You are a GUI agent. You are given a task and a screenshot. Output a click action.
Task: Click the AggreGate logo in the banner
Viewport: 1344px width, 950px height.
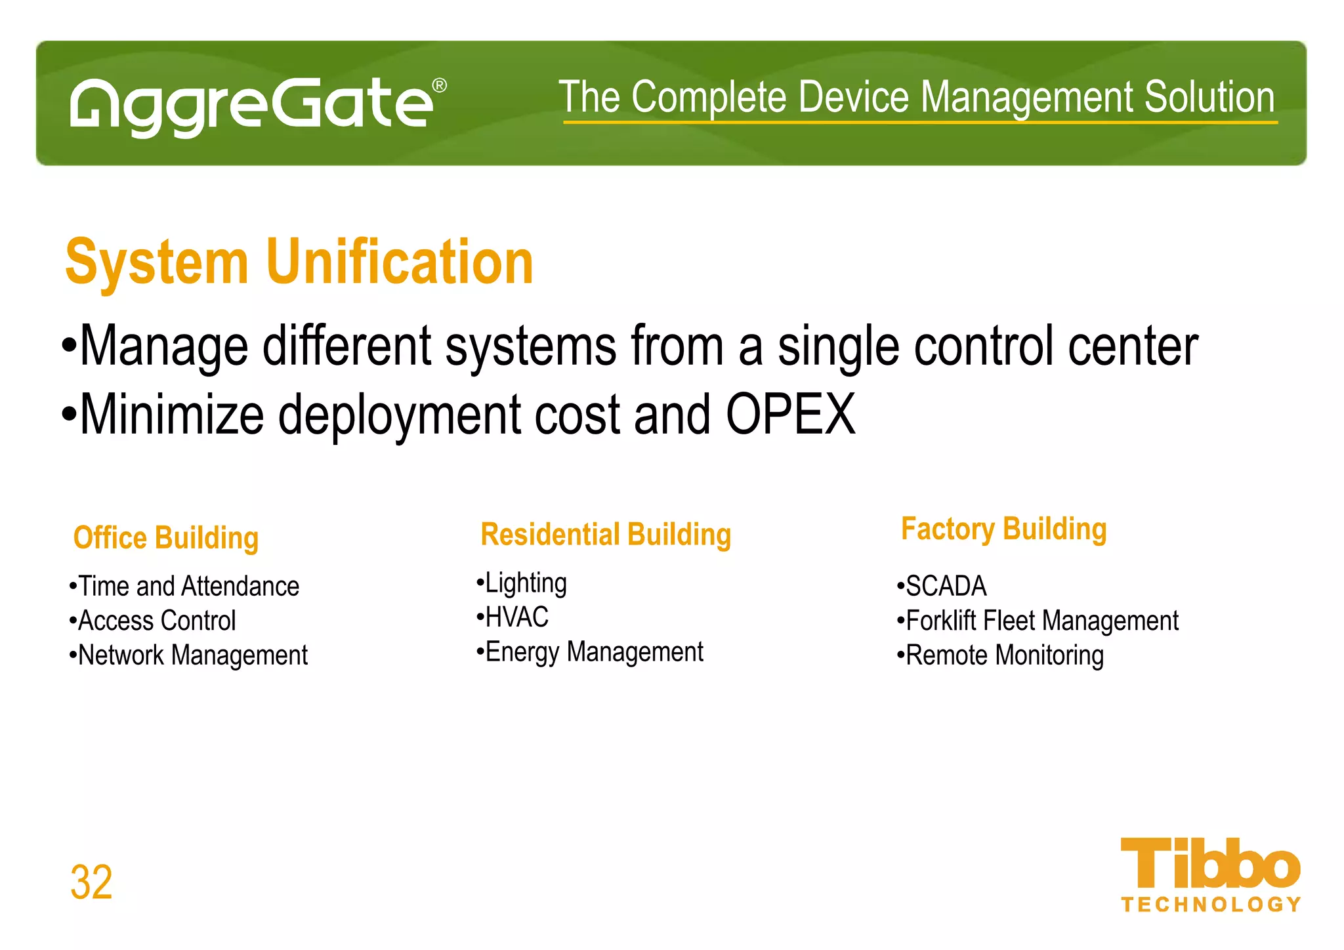click(x=253, y=105)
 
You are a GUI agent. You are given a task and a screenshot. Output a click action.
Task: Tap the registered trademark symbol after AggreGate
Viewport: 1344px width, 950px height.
click(x=440, y=86)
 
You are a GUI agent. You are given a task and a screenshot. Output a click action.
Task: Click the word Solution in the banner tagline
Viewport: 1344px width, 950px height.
click(x=1209, y=97)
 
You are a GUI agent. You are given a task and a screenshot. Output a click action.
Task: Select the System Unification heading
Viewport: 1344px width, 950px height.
click(x=299, y=262)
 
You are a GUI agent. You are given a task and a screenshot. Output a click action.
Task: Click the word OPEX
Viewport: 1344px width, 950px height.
click(x=790, y=415)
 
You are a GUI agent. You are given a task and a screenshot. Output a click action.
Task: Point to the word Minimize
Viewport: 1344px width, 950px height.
click(x=172, y=415)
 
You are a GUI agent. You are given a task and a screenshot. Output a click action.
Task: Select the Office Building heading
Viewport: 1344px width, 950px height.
click(x=166, y=538)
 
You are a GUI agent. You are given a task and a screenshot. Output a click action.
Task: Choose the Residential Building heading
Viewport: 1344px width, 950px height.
click(x=605, y=535)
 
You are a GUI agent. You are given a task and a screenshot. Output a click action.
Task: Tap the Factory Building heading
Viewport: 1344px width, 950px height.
click(x=1003, y=529)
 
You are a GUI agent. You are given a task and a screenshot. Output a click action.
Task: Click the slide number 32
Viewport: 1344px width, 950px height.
click(x=91, y=882)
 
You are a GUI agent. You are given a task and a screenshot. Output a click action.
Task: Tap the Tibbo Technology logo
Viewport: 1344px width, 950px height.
click(x=1209, y=875)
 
